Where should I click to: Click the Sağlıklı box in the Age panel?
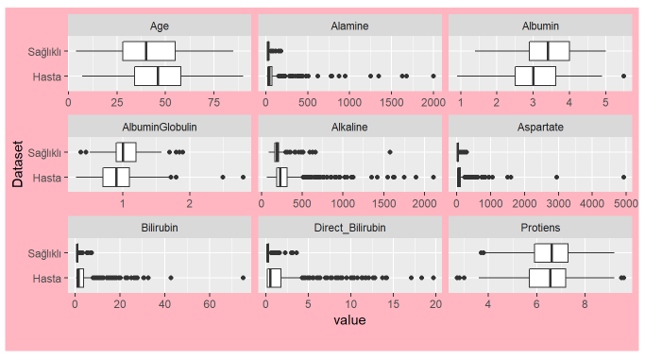(148, 51)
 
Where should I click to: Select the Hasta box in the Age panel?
(157, 76)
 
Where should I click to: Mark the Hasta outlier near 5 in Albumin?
(623, 76)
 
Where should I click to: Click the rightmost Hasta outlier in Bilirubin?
(243, 278)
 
